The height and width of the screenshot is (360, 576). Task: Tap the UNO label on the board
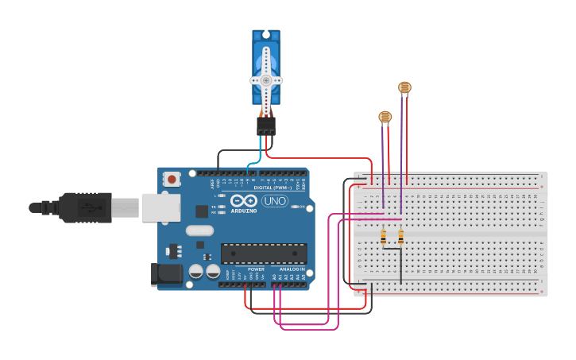pyautogui.click(x=275, y=201)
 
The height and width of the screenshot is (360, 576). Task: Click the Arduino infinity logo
pyautogui.click(x=244, y=200)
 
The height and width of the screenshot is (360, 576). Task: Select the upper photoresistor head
pyautogui.click(x=404, y=87)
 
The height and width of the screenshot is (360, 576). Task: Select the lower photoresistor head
pyautogui.click(x=385, y=118)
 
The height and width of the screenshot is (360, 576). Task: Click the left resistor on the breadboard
pyautogui.click(x=384, y=237)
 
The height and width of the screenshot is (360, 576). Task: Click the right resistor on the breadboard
pyautogui.click(x=400, y=237)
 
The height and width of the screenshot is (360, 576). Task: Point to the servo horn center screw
pyautogui.click(x=266, y=80)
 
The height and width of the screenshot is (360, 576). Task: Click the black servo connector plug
pyautogui.click(x=266, y=126)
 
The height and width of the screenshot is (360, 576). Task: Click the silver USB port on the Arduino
pyautogui.click(x=160, y=207)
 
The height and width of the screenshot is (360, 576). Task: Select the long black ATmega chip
pyautogui.click(x=264, y=254)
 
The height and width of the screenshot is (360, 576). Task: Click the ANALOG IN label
pyautogui.click(x=292, y=269)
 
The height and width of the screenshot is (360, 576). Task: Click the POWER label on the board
pyautogui.click(x=256, y=269)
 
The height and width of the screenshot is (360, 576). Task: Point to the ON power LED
pyautogui.click(x=296, y=207)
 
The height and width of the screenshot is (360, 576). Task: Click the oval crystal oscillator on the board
pyautogui.click(x=199, y=230)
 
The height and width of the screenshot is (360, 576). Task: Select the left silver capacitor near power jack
pyautogui.click(x=195, y=271)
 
